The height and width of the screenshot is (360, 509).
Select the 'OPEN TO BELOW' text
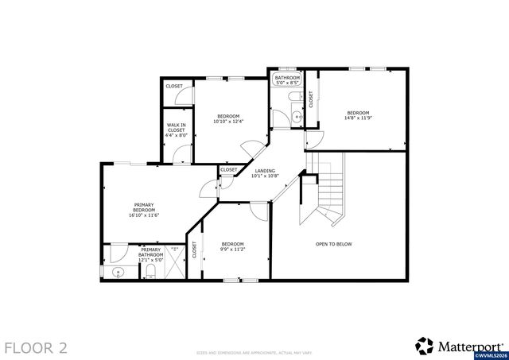pyautogui.click(x=333, y=244)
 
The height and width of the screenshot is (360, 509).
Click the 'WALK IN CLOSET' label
pyautogui.click(x=176, y=130)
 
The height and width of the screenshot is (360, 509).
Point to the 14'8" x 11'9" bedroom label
pyautogui.click(x=357, y=114)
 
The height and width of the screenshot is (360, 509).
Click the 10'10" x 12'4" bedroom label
pyautogui.click(x=228, y=118)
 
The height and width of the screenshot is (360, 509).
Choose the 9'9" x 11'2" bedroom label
pyautogui.click(x=232, y=246)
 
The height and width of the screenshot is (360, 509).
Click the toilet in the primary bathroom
pyautogui.click(x=150, y=273)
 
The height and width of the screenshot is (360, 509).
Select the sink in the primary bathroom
pyautogui.click(x=119, y=273)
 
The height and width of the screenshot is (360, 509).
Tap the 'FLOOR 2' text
pyautogui.click(x=36, y=347)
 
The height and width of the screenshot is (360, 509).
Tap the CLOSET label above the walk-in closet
pyautogui.click(x=173, y=86)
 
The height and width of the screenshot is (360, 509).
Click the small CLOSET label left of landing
pyautogui.click(x=228, y=169)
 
